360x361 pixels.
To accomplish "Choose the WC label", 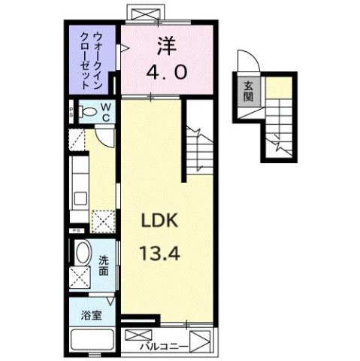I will coord(106,112).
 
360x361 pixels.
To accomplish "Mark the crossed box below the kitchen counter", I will coord(101,219).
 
